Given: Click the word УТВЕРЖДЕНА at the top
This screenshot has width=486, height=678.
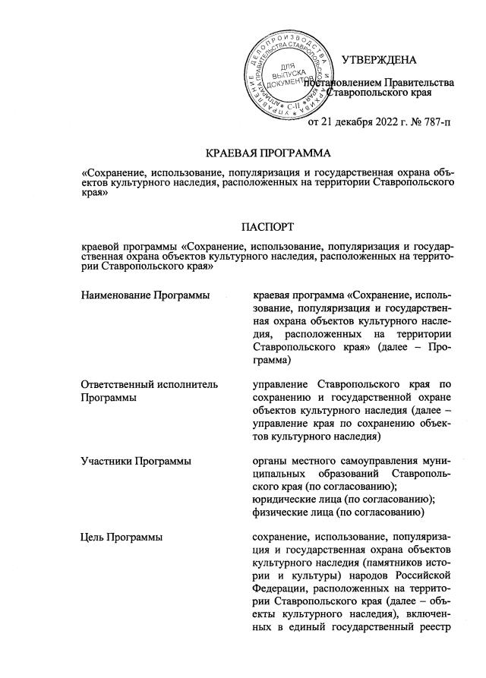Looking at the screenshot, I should [378, 59].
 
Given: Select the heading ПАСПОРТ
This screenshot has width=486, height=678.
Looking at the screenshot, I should [262, 226].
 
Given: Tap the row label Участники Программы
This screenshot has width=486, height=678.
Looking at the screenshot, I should [135, 461].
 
